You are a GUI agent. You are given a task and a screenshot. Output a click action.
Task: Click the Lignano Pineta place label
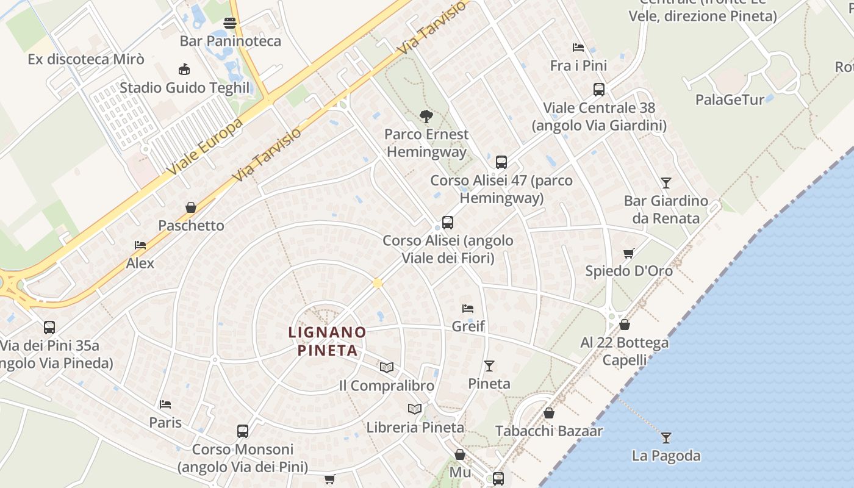pos(327,342)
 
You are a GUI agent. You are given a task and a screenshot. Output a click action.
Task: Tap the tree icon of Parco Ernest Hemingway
pos(426,116)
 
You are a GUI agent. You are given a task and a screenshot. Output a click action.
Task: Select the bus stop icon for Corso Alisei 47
pos(501,162)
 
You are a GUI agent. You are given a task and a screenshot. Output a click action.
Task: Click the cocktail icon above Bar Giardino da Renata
pos(666,182)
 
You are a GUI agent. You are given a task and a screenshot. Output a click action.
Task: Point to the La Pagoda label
pos(666,456)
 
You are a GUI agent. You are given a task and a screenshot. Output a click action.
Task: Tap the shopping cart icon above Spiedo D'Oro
pos(628,253)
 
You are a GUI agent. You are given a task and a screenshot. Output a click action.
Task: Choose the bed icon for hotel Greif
pos(468,309)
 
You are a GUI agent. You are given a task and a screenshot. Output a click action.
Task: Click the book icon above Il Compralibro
pos(386,367)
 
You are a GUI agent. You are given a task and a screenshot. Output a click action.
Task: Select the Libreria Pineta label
pos(415,428)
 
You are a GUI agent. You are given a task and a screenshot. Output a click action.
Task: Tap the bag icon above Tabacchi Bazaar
pos(549,413)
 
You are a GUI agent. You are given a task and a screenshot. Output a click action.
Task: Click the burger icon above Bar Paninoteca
pos(230,23)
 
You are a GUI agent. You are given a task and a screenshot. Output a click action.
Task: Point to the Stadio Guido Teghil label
pos(185,88)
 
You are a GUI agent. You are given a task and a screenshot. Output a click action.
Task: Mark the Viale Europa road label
pos(205,145)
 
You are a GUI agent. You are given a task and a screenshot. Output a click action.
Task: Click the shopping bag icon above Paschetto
pos(191,207)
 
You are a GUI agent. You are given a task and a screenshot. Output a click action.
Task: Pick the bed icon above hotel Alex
pos(140,245)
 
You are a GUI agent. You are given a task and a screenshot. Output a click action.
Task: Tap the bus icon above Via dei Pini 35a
pos(49,327)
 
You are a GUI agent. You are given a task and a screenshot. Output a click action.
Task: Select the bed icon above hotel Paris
pos(165,404)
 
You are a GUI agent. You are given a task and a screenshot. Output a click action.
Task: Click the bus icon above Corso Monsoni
pos(243,431)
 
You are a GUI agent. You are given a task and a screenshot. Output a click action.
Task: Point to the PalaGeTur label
pos(730,99)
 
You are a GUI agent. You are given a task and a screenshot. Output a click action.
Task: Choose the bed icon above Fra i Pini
pos(578,48)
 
